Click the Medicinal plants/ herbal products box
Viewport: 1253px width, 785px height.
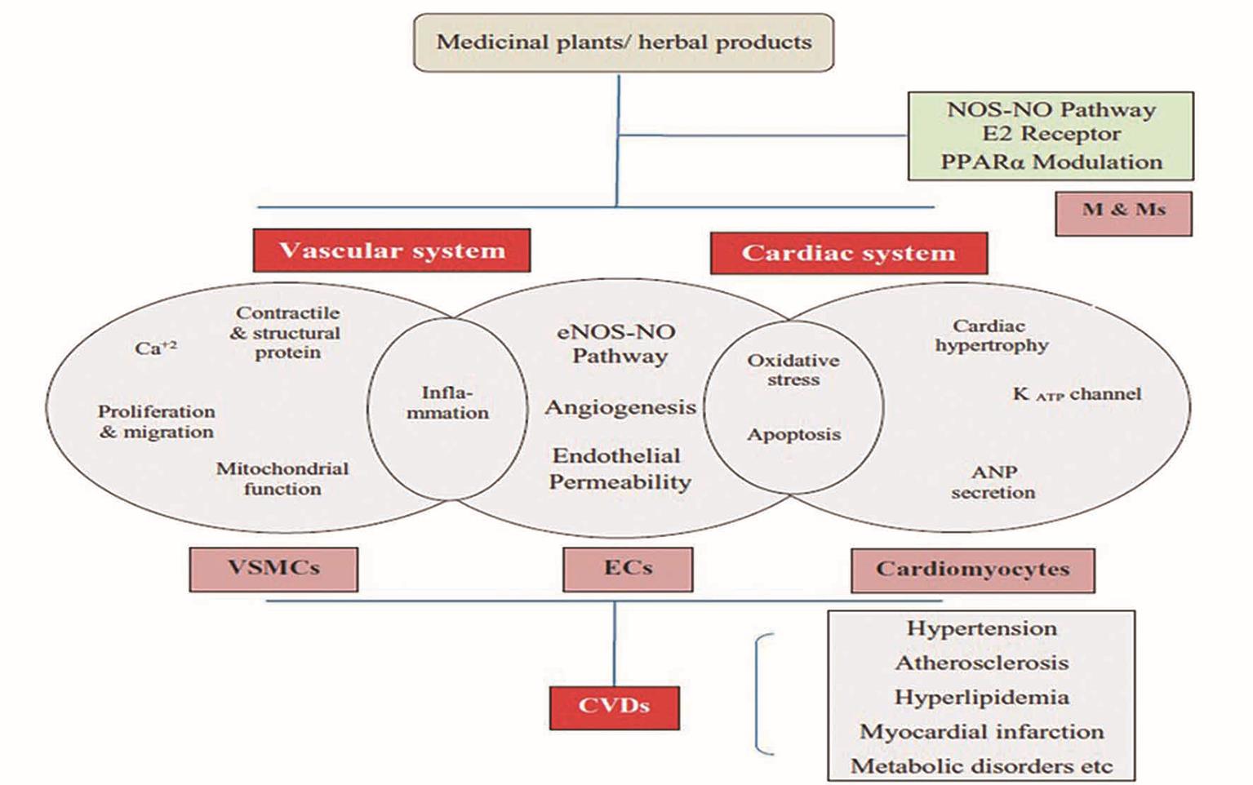click(x=624, y=42)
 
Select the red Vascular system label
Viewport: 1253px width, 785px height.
click(x=392, y=251)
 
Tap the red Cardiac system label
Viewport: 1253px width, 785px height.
click(x=849, y=253)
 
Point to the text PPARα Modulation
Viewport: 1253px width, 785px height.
click(x=1051, y=162)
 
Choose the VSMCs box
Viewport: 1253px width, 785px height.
click(x=273, y=569)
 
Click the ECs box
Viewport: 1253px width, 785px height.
click(x=628, y=569)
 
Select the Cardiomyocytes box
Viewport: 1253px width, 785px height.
click(x=972, y=570)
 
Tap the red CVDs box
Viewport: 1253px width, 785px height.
click(x=614, y=707)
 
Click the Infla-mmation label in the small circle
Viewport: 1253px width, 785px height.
click(x=447, y=403)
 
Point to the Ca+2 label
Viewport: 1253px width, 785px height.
click(x=155, y=348)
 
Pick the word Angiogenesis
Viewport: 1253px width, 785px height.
click(x=620, y=407)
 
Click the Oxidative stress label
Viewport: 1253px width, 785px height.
click(x=793, y=370)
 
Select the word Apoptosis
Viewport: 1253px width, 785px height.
click(x=793, y=434)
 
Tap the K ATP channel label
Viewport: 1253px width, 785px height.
click(x=1077, y=394)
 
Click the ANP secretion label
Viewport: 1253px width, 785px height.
click(x=993, y=482)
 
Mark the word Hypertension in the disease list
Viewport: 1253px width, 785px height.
click(x=981, y=628)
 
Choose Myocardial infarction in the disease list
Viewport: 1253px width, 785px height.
click(x=981, y=732)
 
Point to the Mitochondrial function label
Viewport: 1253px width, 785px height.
click(x=282, y=479)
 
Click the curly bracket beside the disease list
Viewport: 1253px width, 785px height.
click(x=761, y=694)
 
